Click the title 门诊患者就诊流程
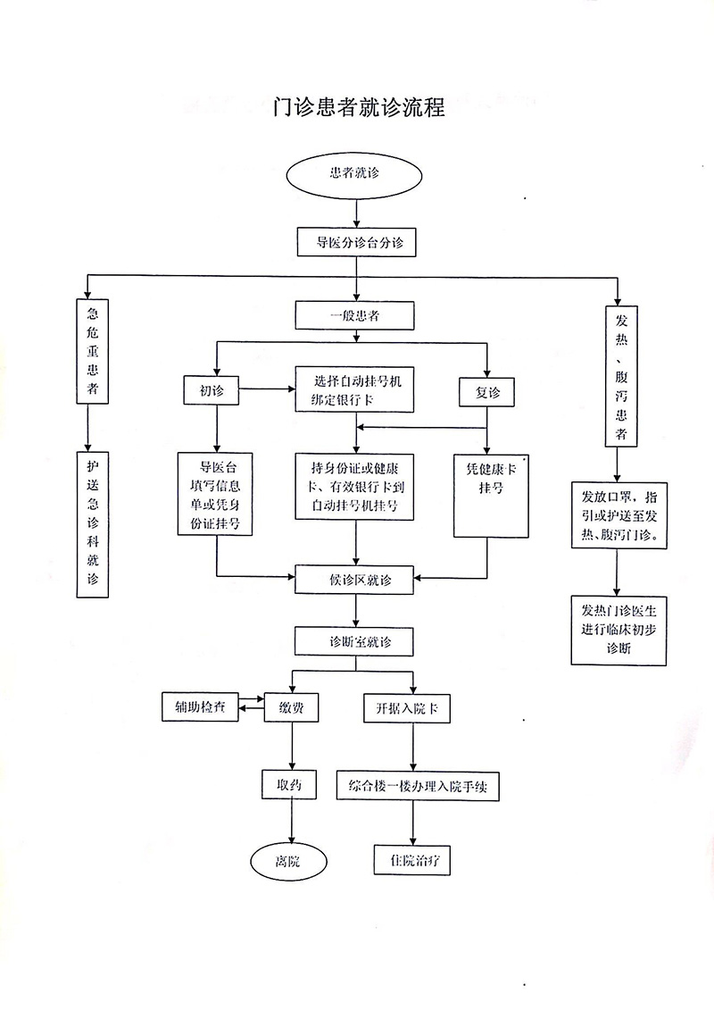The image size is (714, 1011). pos(358,110)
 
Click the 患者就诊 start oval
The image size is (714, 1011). pos(354,172)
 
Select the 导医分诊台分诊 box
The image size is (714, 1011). pos(355,241)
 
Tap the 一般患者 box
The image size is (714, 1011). pos(355,315)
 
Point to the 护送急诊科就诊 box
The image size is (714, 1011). pos(92,527)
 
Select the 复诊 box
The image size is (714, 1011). pos(486,392)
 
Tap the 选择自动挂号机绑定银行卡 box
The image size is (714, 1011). pos(355,389)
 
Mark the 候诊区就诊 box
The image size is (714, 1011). pos(355,580)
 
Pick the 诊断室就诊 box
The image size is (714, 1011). pos(355,641)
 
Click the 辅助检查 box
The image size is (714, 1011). pos(200,706)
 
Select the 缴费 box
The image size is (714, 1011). pos(292,707)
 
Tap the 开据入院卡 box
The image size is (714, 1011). pos(406,708)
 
